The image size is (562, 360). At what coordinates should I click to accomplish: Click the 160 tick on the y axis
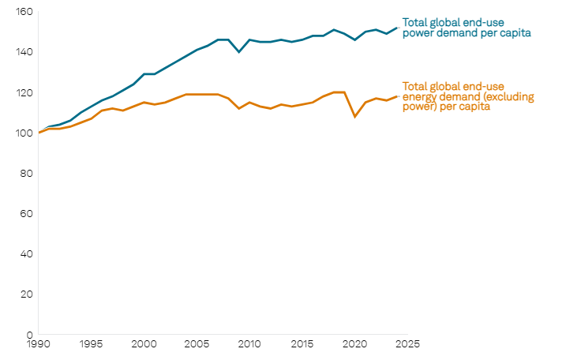[24, 12]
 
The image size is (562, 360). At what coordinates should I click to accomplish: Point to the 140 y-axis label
[24, 52]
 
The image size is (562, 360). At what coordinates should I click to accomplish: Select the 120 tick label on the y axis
[24, 92]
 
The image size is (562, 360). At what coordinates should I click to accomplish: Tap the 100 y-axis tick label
[24, 133]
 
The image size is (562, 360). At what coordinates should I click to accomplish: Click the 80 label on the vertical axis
[26, 173]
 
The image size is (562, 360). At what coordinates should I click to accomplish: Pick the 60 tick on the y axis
[26, 213]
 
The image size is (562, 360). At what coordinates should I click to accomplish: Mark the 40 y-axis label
[26, 253]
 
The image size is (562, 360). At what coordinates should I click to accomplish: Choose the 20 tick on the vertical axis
[26, 294]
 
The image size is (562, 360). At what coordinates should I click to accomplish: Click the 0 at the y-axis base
[29, 334]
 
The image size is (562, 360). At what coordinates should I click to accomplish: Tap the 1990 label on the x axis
[39, 344]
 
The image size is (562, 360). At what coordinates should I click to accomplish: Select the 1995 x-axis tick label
[91, 344]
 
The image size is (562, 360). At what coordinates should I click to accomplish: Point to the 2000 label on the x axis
[144, 344]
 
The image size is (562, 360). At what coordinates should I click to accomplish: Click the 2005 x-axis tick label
[197, 344]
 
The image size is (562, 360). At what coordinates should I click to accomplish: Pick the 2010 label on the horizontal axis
[249, 344]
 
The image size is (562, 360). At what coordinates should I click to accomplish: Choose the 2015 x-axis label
[302, 344]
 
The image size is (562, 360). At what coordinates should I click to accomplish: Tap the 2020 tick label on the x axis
[355, 344]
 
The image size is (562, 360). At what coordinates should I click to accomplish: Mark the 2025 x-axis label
[407, 344]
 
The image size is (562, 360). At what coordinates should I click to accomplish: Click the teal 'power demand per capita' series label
[466, 28]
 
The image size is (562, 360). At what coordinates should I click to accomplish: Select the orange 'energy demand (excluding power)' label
[468, 96]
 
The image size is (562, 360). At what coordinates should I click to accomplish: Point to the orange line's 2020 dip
[355, 117]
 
